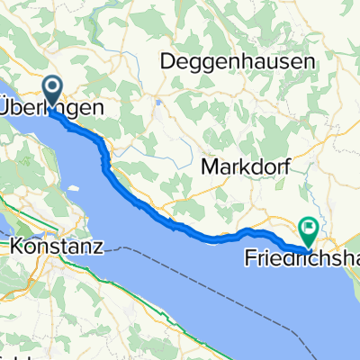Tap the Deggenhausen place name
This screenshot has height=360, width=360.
(x=238, y=62)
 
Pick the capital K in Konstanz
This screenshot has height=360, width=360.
(x=15, y=244)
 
